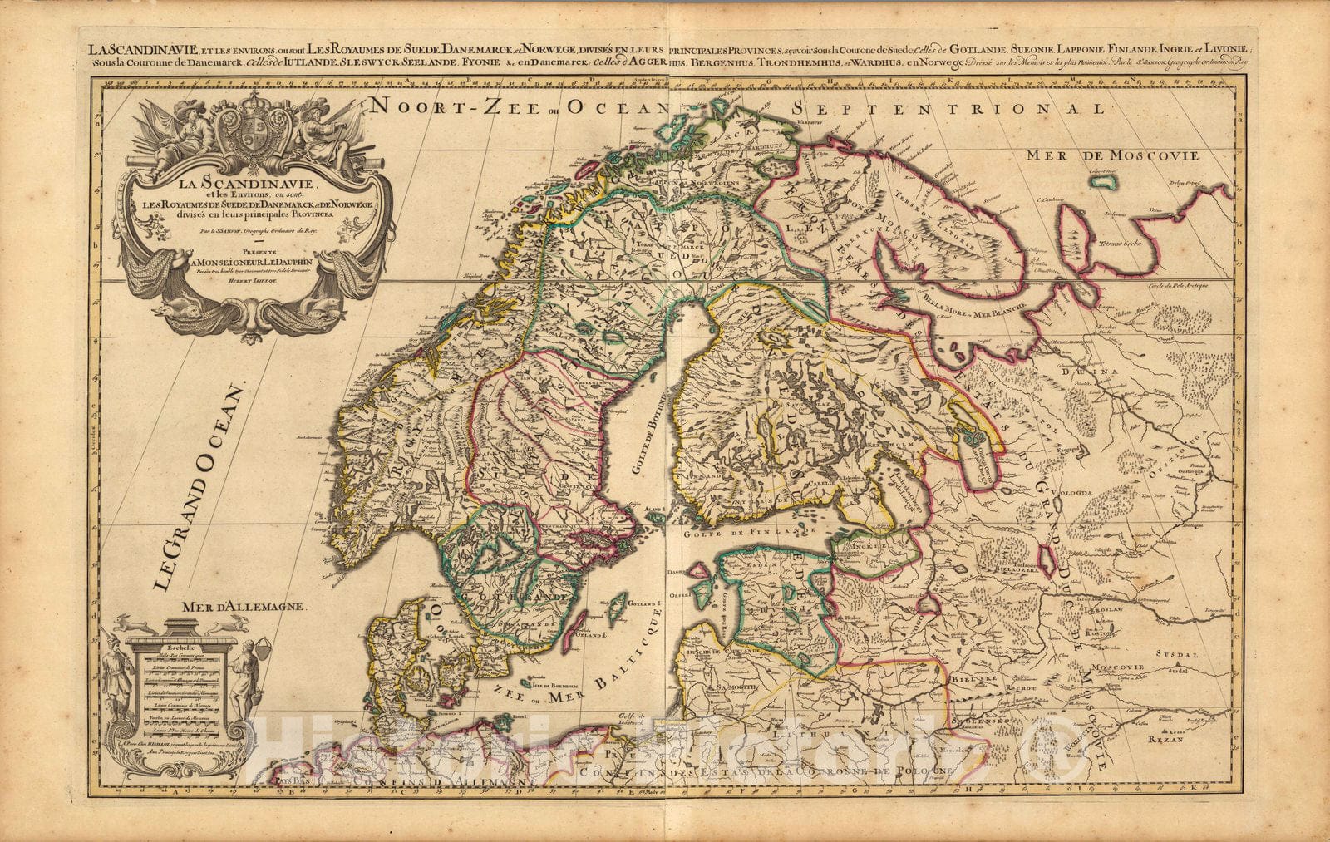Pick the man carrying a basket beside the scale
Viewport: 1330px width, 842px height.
(x=244, y=673)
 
